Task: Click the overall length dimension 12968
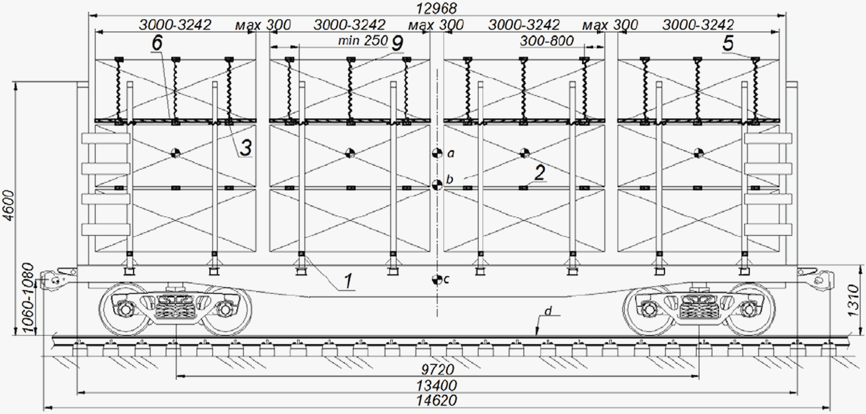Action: point(436,8)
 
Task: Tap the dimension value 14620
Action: point(437,400)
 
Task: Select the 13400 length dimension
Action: point(437,385)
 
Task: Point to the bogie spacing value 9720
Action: point(437,370)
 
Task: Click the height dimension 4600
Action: point(8,205)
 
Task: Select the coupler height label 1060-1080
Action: point(28,299)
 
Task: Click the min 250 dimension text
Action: point(363,41)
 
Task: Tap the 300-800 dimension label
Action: point(547,41)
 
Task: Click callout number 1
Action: point(348,281)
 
